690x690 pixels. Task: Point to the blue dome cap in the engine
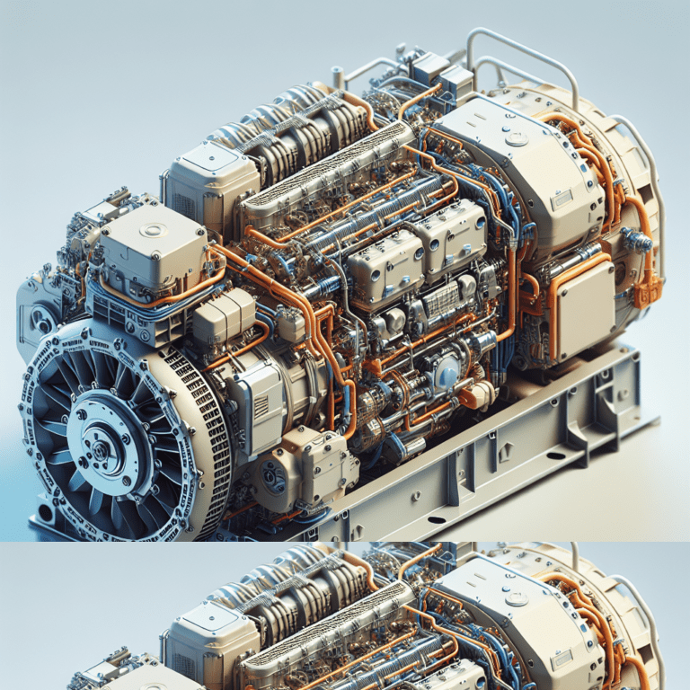pyautogui.click(x=447, y=374)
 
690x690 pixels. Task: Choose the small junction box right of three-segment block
pyautogui.click(x=288, y=323)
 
